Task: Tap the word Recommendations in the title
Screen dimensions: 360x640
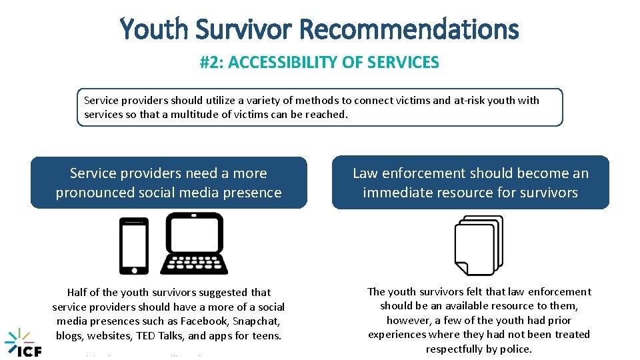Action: pyautogui.click(x=409, y=29)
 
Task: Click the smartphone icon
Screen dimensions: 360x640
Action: pyautogui.click(x=133, y=246)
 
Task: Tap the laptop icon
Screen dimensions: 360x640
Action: pyautogui.click(x=195, y=243)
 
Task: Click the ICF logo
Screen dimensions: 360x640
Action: pyautogui.click(x=23, y=343)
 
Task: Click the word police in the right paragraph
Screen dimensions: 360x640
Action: pyautogui.click(x=518, y=349)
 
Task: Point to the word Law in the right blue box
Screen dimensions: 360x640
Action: pyautogui.click(x=365, y=173)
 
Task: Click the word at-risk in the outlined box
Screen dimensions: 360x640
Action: pyautogui.click(x=469, y=100)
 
